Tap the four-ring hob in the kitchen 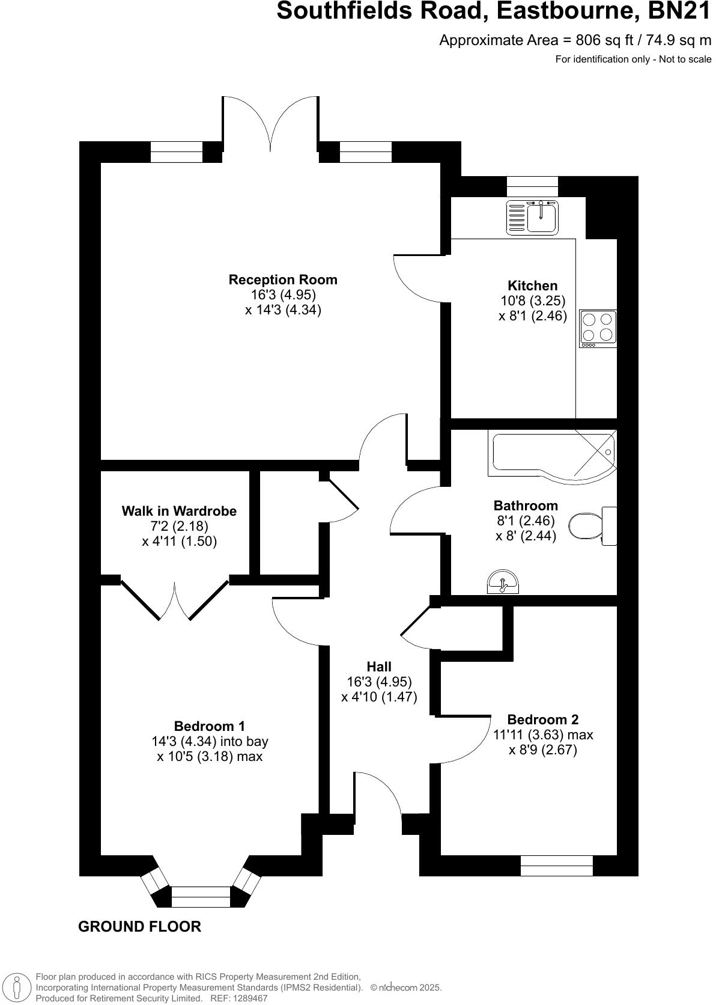pos(598,328)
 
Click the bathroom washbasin pos(503,583)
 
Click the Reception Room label pos(283,280)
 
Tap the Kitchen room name pos(532,286)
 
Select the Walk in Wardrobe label pos(179,511)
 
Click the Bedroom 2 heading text pos(542,719)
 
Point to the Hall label pos(379,667)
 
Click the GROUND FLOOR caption pos(139,926)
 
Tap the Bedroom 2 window pos(556,866)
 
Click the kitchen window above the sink pos(532,186)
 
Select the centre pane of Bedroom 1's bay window pos(201,896)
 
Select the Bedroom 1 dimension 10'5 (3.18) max pos(210,756)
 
